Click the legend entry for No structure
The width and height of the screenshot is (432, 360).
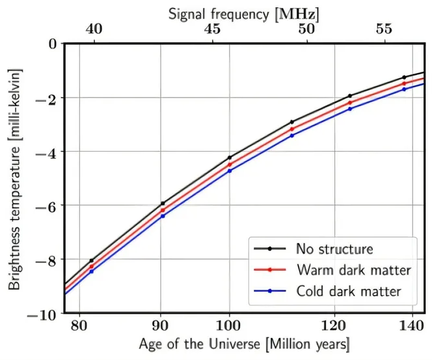click(x=334, y=248)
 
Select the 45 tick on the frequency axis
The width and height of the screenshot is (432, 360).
click(x=212, y=29)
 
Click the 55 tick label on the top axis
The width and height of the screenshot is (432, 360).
click(x=384, y=29)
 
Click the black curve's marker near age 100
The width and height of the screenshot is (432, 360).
click(x=229, y=158)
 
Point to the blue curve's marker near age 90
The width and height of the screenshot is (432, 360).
click(x=163, y=215)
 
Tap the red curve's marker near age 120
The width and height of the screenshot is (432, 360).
click(x=350, y=102)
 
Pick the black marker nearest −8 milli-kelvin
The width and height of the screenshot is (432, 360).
click(x=92, y=260)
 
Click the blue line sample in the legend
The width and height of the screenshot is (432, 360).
click(x=269, y=291)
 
